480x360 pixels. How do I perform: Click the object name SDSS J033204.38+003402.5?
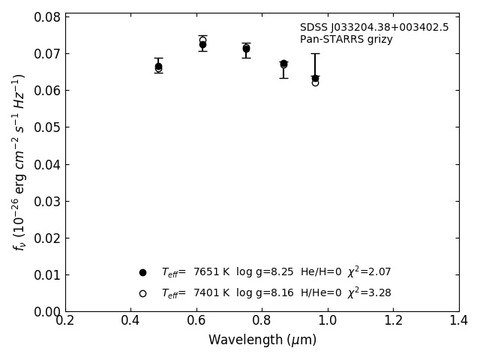tap(374, 28)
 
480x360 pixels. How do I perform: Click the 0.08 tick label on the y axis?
tap(47, 17)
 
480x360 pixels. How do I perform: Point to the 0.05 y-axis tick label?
tap(47, 127)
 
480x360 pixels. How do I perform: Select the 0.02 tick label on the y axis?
tap(47, 238)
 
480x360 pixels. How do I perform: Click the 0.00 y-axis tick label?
tap(47, 311)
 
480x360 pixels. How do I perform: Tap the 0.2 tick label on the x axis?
tap(65, 321)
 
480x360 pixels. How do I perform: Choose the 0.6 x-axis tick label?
tap(196, 321)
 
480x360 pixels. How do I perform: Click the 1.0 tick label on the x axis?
tap(328, 321)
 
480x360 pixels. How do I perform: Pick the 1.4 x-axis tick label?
tap(458, 321)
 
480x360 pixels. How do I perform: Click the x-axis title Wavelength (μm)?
tap(262, 340)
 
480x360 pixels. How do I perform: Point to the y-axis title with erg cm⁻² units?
tap(19, 162)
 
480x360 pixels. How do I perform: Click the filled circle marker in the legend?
tap(142, 272)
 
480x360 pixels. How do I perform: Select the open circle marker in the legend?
tap(142, 293)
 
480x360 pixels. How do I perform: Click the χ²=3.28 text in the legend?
tap(369, 293)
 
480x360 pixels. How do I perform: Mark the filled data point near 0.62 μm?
tap(202, 45)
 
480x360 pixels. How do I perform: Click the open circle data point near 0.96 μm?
tap(315, 82)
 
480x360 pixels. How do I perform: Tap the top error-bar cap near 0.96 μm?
tap(315, 53)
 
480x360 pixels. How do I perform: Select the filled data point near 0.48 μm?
tap(158, 66)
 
